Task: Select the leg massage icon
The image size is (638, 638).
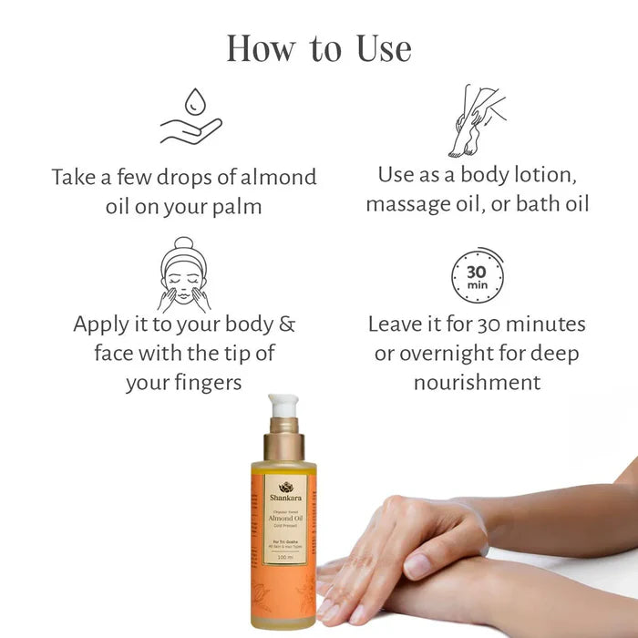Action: click(x=476, y=120)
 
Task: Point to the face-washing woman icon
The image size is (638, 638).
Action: click(x=184, y=274)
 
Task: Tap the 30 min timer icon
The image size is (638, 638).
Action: click(x=477, y=274)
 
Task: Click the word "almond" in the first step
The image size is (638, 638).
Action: click(x=271, y=176)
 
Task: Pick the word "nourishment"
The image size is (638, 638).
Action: click(x=477, y=381)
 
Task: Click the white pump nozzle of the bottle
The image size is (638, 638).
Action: click(x=283, y=406)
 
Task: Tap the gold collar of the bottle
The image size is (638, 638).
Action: click(x=284, y=446)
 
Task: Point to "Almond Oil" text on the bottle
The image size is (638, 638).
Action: click(x=285, y=520)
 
